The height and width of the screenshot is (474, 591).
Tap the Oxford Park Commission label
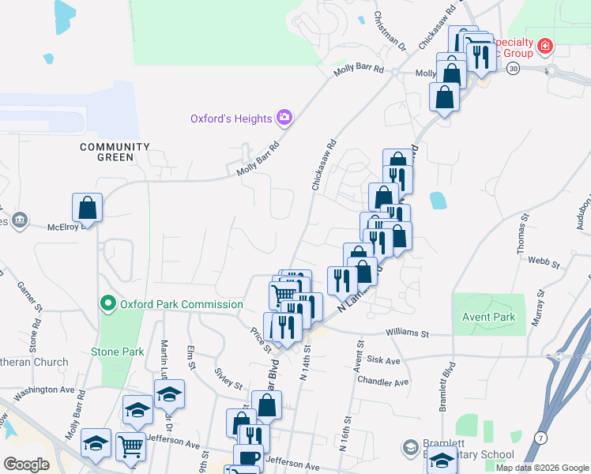[180, 304]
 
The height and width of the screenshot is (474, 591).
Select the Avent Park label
[488, 318]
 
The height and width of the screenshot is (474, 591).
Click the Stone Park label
[118, 352]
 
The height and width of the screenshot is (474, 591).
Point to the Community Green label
[115, 152]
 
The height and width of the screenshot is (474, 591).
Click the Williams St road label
[407, 334]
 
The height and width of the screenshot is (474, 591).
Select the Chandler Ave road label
[382, 382]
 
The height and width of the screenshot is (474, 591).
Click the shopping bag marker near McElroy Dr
[88, 209]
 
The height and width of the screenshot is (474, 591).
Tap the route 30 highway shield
[514, 70]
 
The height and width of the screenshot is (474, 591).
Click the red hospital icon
[544, 48]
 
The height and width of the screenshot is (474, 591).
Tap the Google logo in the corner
[26, 464]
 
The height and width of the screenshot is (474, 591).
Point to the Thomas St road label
[522, 233]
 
